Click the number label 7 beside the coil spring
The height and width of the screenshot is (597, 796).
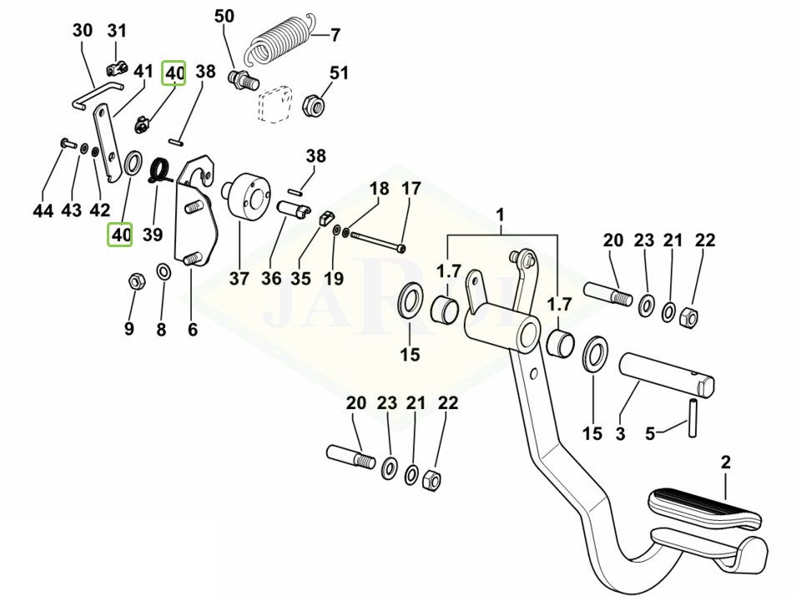tap(335, 35)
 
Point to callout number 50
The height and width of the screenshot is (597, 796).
tap(224, 16)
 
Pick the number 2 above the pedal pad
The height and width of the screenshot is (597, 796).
tap(726, 461)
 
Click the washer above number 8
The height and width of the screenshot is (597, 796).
tap(164, 272)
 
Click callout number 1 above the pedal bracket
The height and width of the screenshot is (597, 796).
tap(501, 215)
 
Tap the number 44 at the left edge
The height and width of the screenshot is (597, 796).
tap(43, 210)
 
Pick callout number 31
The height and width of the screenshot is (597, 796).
tap(118, 31)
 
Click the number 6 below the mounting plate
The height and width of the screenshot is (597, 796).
tap(193, 329)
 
